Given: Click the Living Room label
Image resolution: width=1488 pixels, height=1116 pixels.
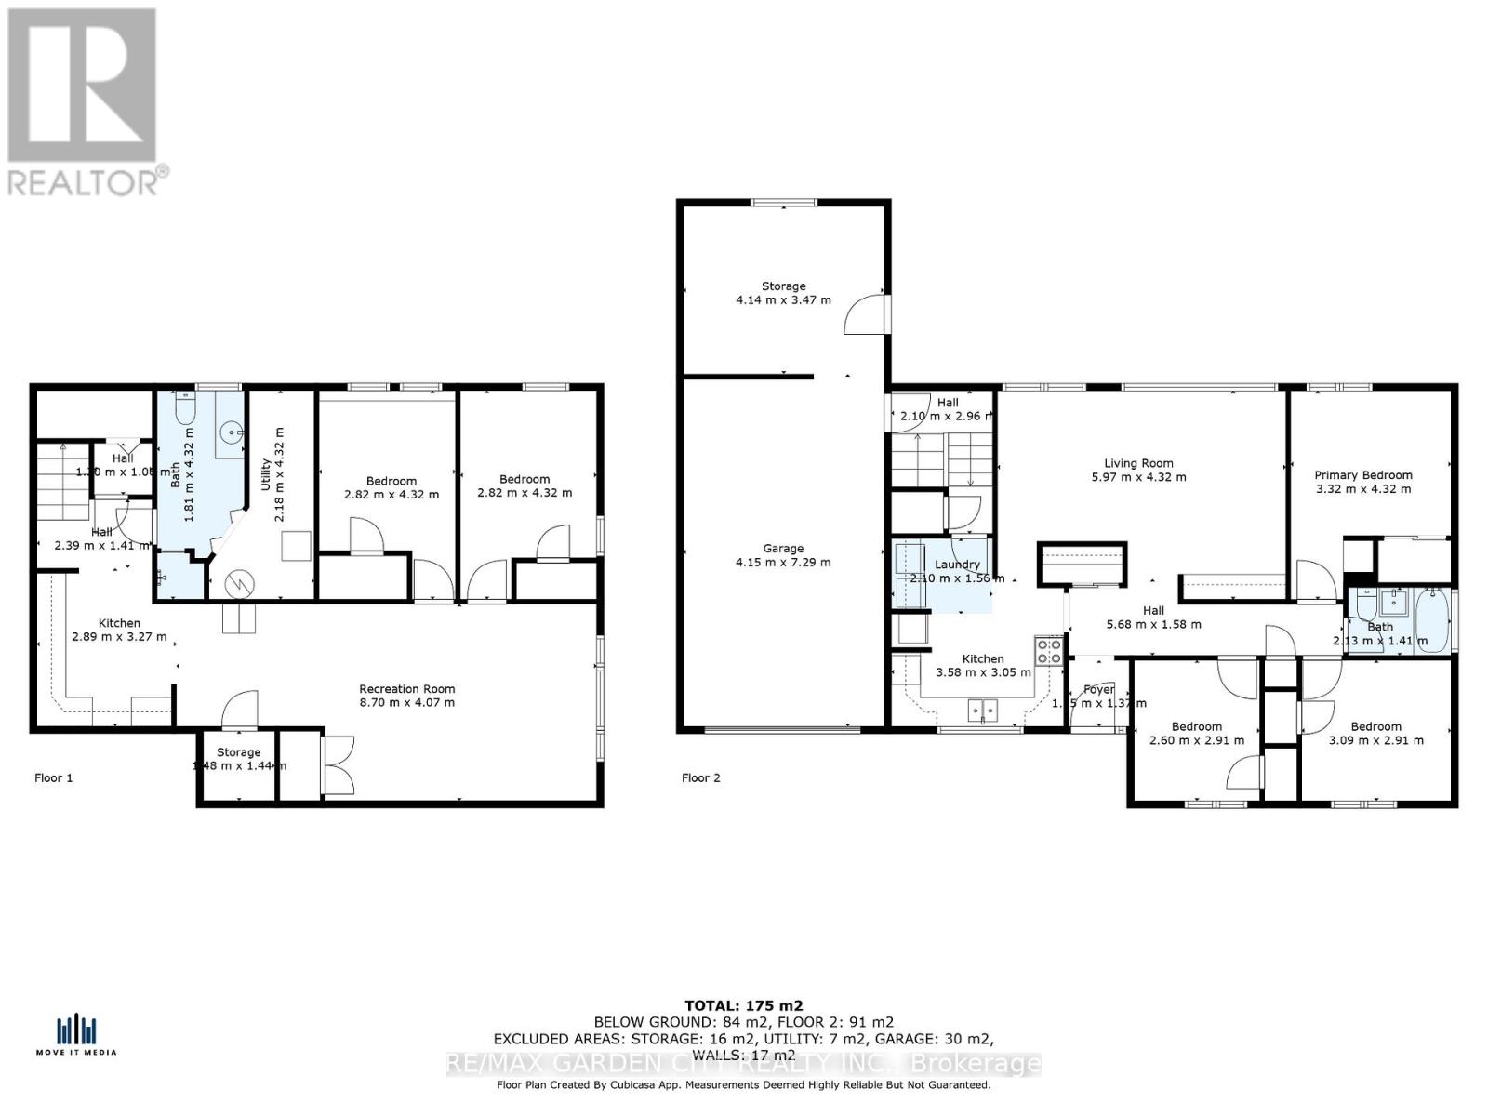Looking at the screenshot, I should pos(1138,463).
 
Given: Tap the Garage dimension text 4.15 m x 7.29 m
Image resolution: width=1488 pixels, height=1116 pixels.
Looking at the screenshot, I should pos(783,563).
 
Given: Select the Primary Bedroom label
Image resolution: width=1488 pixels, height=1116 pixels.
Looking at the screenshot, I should pos(1362,475).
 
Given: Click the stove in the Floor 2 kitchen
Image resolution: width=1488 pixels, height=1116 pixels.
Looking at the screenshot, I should pos(1049,650).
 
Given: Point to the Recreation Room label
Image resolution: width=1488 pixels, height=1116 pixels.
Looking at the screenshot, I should pos(407,689).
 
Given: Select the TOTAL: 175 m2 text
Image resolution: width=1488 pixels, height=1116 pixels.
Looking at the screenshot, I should pos(743,1005).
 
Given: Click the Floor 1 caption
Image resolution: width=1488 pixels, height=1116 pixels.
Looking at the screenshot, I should pos(53,777).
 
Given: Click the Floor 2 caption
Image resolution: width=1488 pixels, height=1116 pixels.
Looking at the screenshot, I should pos(700,777).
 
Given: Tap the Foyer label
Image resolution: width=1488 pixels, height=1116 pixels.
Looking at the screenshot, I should pos(1098,690).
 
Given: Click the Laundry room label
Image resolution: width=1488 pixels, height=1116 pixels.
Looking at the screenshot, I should pos(957,565).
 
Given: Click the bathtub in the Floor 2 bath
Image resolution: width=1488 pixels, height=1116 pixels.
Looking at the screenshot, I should pos(1432,620).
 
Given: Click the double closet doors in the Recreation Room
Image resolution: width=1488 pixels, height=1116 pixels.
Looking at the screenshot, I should pos(337,764).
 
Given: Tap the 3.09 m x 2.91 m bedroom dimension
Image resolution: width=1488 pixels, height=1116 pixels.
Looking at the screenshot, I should pos(1375,741).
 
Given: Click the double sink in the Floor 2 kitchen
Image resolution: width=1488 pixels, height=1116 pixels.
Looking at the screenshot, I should pos(981,711).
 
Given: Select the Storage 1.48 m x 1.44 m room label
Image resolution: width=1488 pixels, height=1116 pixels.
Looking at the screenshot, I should pos(239,752).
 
